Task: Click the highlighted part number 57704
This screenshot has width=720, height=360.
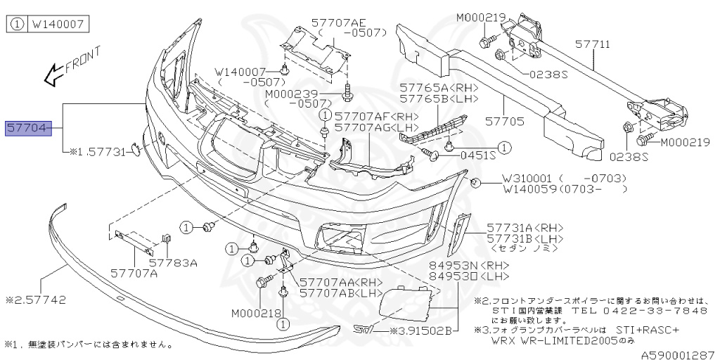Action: [29, 129]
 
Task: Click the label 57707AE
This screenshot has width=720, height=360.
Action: [345, 21]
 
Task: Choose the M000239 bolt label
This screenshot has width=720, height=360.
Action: [292, 94]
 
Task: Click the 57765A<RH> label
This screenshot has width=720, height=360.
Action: [439, 88]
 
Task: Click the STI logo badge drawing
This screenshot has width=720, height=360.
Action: [362, 329]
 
